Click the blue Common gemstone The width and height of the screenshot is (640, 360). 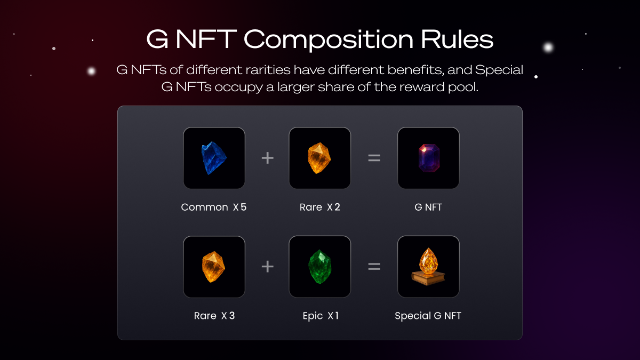pyautogui.click(x=214, y=158)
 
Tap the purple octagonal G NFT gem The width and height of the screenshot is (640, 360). pyautogui.click(x=429, y=158)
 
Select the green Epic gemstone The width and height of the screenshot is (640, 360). pyautogui.click(x=320, y=267)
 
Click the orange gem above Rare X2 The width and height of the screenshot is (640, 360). pyautogui.click(x=319, y=158)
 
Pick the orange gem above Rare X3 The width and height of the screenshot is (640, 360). pyautogui.click(x=213, y=267)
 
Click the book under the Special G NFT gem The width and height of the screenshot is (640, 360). pyautogui.click(x=428, y=278)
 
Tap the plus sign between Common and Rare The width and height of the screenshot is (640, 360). pyautogui.click(x=267, y=158)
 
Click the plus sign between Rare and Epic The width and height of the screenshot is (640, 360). pyautogui.click(x=267, y=267)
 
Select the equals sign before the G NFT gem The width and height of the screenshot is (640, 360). pyautogui.click(x=374, y=158)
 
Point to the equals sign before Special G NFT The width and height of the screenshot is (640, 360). pyautogui.click(x=374, y=267)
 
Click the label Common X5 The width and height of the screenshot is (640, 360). pyautogui.click(x=214, y=207)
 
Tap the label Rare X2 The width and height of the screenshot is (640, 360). pyautogui.click(x=319, y=207)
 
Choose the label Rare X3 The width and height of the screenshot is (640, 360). pyautogui.click(x=214, y=316)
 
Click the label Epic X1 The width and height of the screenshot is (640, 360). pyautogui.click(x=321, y=316)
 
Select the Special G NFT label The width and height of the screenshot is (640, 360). pyautogui.click(x=428, y=316)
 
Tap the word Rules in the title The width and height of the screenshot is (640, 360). pyautogui.click(x=457, y=39)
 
